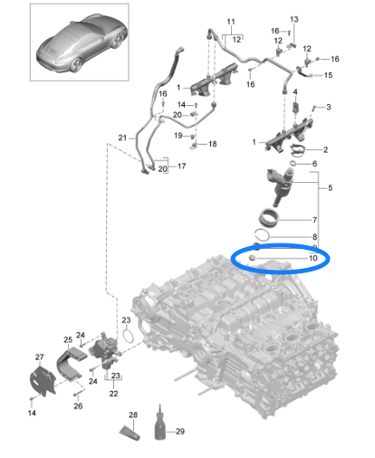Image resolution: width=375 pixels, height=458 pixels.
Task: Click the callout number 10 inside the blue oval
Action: coord(313,258)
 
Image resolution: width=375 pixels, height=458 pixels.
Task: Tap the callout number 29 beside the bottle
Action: coord(180,432)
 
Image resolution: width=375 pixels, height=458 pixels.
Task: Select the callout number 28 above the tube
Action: coord(133,415)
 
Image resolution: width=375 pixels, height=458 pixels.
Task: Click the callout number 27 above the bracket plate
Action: coord(40,358)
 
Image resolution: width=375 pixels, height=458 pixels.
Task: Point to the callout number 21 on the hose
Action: coord(122,138)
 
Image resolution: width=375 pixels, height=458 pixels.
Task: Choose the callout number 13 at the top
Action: coord(294,19)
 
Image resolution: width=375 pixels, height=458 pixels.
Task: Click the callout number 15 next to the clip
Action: coord(328,75)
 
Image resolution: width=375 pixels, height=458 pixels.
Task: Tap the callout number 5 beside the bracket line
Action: coord(331,187)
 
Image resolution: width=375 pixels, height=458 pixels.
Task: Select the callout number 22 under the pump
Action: coord(114,394)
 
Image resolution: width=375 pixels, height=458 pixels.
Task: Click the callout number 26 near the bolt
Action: coord(78,406)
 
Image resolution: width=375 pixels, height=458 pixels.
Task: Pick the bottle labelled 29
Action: coord(160,424)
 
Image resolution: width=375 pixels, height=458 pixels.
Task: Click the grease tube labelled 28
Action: coord(130,433)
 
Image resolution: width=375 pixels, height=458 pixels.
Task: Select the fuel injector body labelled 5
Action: coord(281,186)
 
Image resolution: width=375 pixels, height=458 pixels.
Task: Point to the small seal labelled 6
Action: coord(293,164)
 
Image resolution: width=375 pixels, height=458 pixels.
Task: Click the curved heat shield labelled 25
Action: coord(72,364)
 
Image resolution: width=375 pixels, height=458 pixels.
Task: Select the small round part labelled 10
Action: coord(252,258)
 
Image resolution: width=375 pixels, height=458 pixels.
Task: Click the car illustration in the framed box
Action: coord(82,43)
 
